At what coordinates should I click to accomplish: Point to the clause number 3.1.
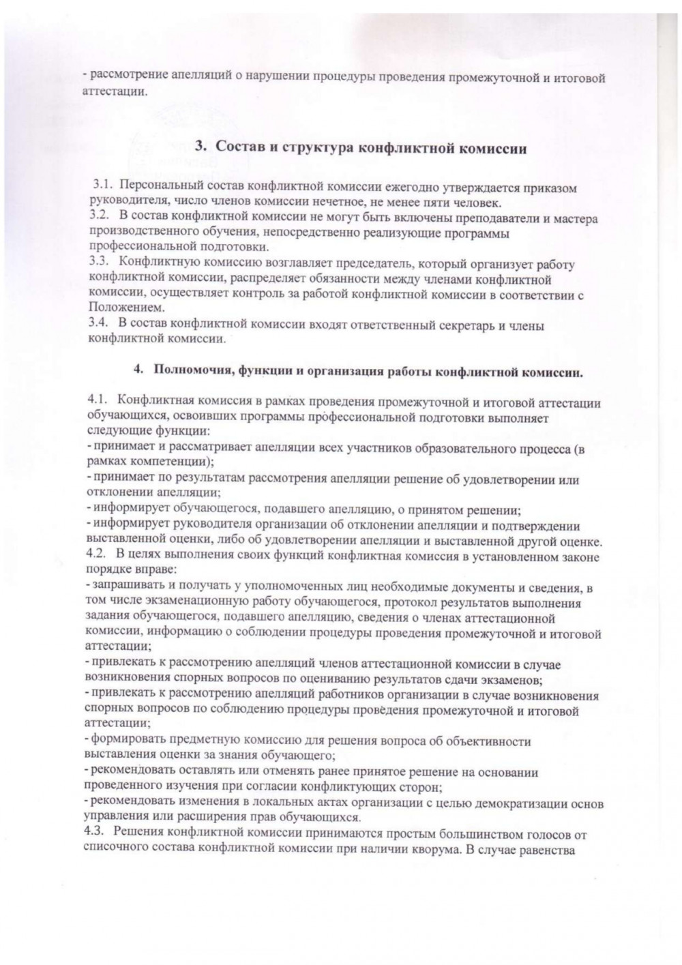coord(102,186)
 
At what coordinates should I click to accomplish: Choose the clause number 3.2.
coord(100,218)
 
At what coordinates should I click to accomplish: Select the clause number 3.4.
coord(100,325)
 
